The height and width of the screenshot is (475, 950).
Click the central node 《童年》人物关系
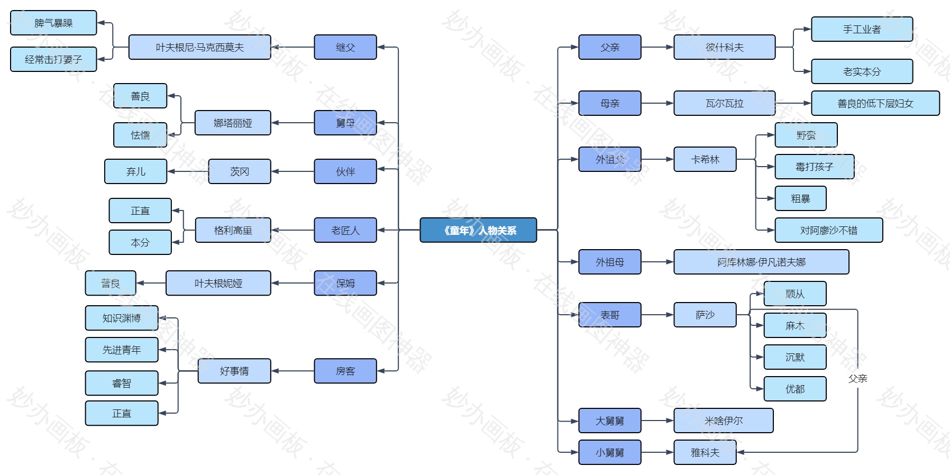(478, 230)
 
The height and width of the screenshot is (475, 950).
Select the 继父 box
(345, 47)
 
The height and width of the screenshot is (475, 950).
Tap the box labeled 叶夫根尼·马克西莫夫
(199, 47)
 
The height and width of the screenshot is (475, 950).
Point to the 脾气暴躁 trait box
(53, 23)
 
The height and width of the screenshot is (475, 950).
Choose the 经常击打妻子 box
(53, 59)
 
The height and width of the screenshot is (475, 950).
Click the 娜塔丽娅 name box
(233, 123)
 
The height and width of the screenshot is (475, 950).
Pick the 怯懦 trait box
(140, 135)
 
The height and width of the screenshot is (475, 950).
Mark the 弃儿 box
(135, 171)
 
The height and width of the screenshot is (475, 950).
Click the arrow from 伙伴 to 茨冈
(293, 171)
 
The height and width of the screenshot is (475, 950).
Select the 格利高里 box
(233, 230)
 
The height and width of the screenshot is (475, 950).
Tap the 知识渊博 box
(122, 318)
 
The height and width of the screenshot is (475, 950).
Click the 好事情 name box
(234, 371)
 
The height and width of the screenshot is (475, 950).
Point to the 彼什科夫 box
(724, 47)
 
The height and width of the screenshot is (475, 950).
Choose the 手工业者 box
(862, 29)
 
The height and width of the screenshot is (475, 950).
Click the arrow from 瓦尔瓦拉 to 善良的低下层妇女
(793, 103)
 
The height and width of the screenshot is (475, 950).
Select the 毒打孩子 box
(814, 167)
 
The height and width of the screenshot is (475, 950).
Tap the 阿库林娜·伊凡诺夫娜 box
(761, 262)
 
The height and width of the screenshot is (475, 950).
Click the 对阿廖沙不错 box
(828, 230)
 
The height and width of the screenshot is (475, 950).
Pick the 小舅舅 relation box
(609, 452)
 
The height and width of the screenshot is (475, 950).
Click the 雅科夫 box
(705, 452)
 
